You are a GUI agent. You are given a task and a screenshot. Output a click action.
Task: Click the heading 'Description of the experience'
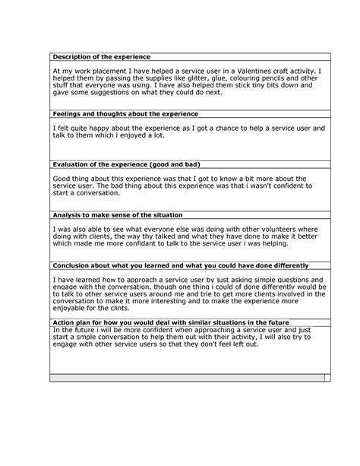click(101, 57)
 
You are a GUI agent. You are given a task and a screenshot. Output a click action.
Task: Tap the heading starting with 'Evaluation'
click(125, 164)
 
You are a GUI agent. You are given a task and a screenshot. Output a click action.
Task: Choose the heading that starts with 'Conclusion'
click(180, 265)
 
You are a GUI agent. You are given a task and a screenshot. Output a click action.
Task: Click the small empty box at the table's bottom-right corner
click(327, 377)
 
